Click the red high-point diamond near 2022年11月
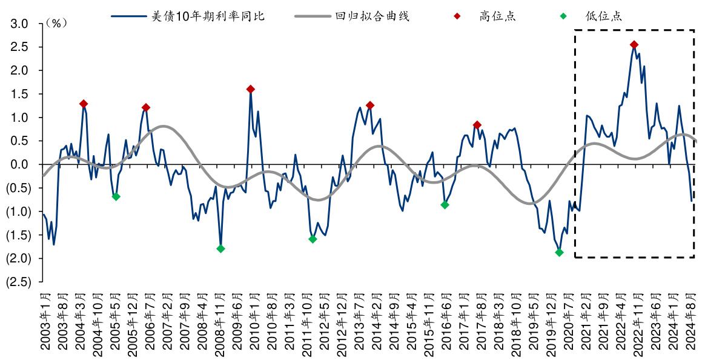[x=634, y=45]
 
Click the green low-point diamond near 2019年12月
[x=559, y=252]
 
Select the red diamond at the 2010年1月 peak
[x=251, y=89]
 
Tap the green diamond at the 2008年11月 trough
[x=220, y=248]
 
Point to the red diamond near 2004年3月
[x=84, y=104]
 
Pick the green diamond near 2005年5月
[x=116, y=196]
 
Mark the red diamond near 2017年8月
[x=477, y=125]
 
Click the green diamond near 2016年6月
[x=445, y=205]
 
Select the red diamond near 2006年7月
[x=146, y=107]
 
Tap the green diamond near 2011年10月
[x=313, y=239]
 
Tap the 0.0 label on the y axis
[x=21, y=164]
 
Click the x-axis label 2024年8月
[x=692, y=321]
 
